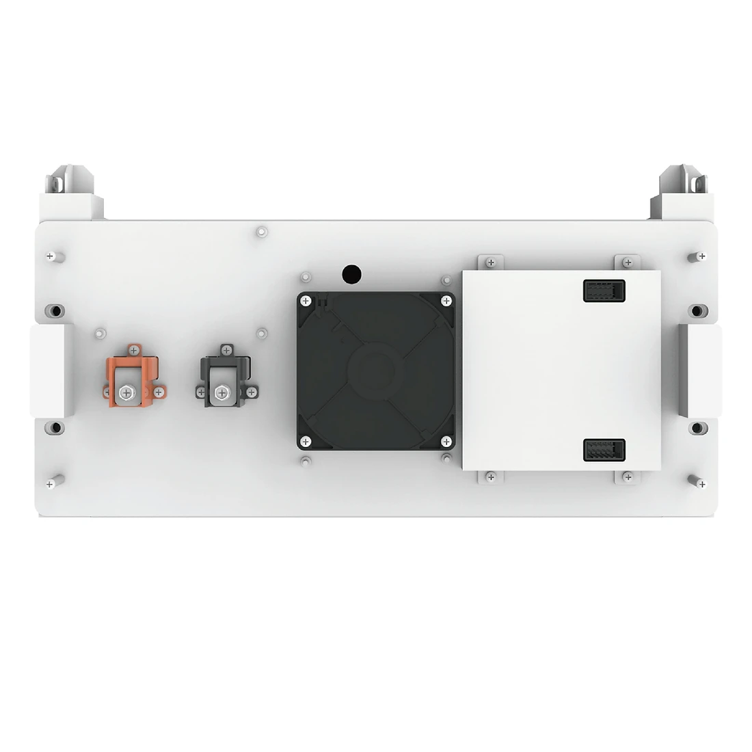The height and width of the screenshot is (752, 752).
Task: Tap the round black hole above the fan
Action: tap(351, 275)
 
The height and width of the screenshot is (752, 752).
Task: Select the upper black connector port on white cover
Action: tap(604, 291)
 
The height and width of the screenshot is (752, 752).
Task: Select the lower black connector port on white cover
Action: tap(604, 451)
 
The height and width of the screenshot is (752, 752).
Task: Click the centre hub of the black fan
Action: tap(375, 371)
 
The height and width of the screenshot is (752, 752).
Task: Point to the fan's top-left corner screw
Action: tap(306, 300)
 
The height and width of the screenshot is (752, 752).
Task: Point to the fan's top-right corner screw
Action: tap(446, 300)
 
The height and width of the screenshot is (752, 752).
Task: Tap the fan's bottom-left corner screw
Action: tap(306, 441)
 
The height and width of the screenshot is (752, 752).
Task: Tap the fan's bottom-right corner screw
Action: tap(446, 441)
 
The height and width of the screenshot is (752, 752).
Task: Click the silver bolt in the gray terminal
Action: tap(221, 392)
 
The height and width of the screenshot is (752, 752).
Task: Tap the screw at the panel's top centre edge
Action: tap(260, 232)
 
